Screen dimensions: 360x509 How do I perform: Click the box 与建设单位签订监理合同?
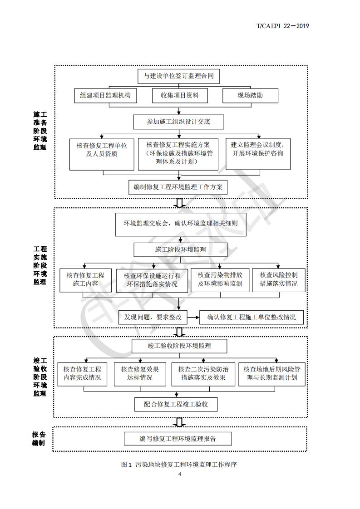(179, 76)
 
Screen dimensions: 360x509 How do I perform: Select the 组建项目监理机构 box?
(105, 95)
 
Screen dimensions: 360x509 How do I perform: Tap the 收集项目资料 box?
(180, 95)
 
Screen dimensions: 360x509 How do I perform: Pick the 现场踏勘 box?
(250, 95)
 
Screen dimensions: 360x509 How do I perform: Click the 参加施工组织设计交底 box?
(178, 122)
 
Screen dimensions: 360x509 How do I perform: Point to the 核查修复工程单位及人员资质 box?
(102, 154)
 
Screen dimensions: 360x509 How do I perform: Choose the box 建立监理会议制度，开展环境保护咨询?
(258, 154)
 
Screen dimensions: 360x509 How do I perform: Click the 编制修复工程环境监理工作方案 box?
(178, 187)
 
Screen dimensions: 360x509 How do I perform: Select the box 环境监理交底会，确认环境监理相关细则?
(181, 224)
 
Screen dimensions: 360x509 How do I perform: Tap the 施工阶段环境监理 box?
(181, 250)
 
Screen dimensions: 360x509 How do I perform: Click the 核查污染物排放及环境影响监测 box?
(220, 279)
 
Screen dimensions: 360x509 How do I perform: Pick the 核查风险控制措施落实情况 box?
(279, 279)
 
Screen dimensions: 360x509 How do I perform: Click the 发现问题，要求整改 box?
(153, 317)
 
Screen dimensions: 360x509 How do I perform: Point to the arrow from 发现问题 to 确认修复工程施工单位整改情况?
(193, 317)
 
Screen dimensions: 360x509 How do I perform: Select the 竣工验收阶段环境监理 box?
(179, 346)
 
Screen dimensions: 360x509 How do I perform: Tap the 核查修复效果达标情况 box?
(140, 374)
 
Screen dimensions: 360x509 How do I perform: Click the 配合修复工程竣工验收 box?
(176, 405)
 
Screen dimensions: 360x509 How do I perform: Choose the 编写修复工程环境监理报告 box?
(178, 439)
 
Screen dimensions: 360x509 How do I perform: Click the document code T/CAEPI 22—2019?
(283, 26)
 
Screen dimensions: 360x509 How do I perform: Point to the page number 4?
(180, 474)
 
